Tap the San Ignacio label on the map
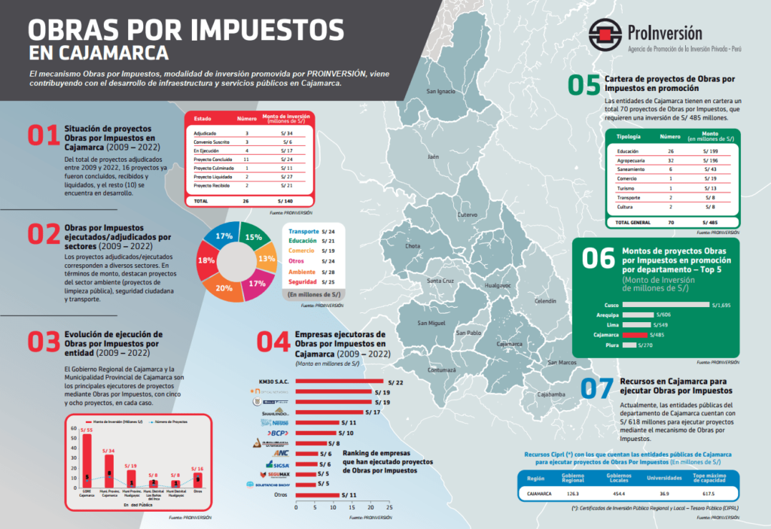point(441,92)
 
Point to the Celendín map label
point(544,301)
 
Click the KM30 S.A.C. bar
point(340,382)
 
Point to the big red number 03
point(44,341)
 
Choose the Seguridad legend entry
point(301,281)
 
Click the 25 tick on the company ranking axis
point(390,508)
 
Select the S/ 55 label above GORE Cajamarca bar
point(87,429)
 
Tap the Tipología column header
point(628,137)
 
